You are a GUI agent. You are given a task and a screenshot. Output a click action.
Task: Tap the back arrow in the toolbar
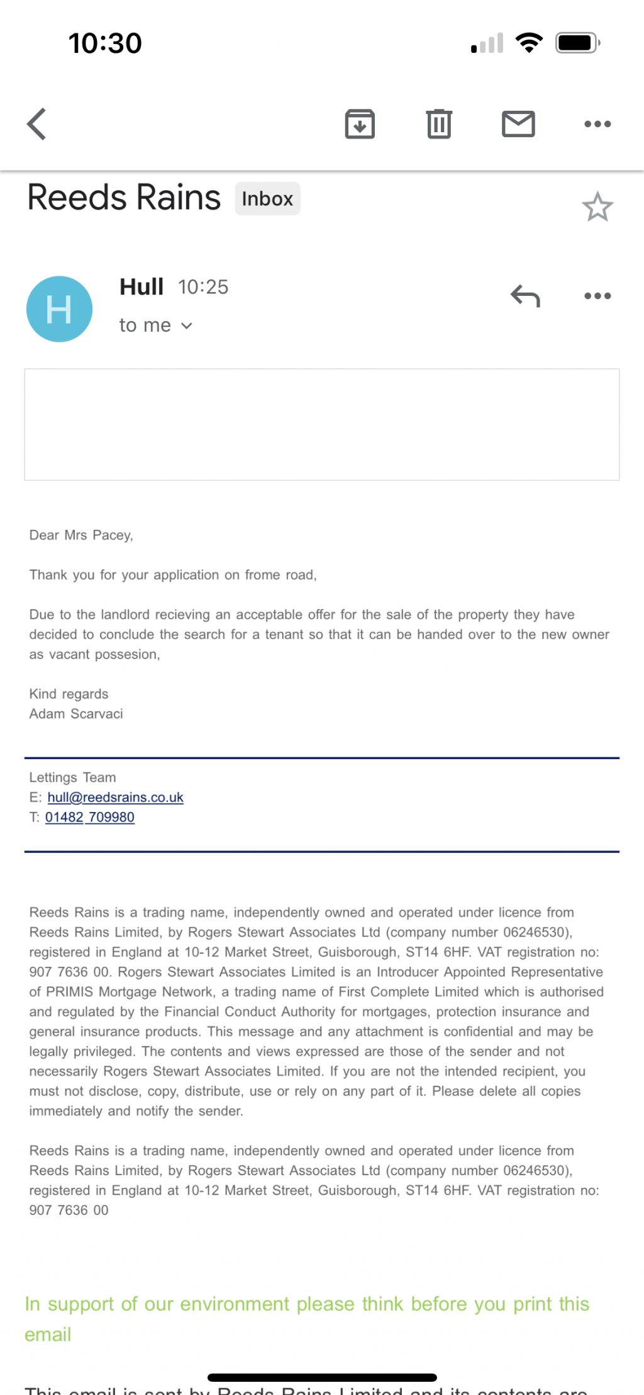[x=37, y=124]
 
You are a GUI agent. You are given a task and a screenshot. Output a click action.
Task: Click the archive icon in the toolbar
[x=360, y=124]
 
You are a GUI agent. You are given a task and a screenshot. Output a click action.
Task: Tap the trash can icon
[x=439, y=124]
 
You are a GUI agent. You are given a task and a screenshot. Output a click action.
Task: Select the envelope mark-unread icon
[x=518, y=124]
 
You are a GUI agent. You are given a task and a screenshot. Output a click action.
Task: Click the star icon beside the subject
[x=597, y=207]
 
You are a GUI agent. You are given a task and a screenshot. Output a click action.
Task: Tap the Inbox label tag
[x=267, y=199]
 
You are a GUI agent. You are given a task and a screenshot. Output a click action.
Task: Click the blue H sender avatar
[x=59, y=309]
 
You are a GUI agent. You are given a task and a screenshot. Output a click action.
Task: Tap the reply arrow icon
[x=525, y=296]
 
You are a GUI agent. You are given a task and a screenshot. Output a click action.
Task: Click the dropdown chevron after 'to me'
[x=187, y=326]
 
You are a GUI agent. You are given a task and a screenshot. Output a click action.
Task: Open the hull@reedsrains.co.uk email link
[x=116, y=798]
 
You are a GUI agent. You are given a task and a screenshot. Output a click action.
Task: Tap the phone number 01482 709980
[x=90, y=817]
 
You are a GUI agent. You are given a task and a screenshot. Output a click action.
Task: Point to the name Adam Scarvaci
[x=76, y=714]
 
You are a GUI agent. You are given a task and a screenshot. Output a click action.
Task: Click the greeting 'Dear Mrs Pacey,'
[x=81, y=535]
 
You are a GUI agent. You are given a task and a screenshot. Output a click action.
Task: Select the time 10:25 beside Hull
[x=203, y=287]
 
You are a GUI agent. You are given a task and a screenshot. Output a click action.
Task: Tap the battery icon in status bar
[x=577, y=43]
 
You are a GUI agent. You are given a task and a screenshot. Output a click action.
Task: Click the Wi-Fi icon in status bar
[x=529, y=43]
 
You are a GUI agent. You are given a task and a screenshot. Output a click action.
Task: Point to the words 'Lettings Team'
[x=72, y=777]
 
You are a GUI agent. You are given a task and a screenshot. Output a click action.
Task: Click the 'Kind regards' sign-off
[x=69, y=694]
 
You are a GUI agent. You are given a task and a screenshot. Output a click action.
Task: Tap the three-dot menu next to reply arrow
[x=597, y=296]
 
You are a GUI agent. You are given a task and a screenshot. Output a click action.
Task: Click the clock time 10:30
[x=105, y=43]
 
